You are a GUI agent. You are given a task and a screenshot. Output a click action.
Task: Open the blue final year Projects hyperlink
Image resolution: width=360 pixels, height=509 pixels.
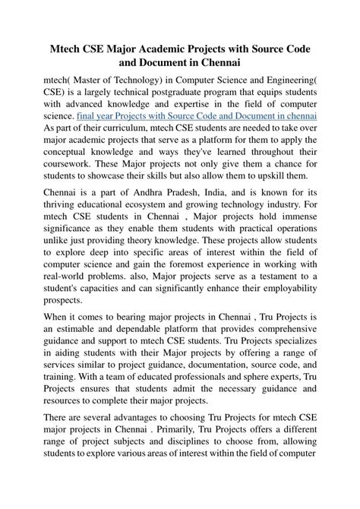(197, 118)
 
